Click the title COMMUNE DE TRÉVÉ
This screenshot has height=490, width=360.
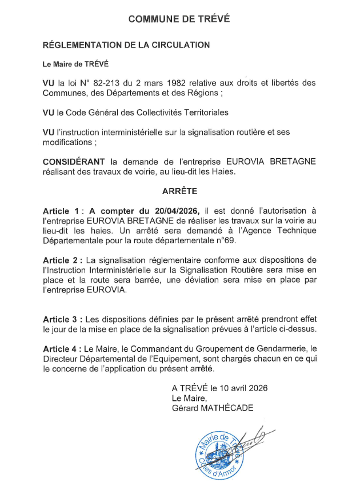click(x=179, y=19)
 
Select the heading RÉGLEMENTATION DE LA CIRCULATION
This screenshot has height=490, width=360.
click(x=126, y=45)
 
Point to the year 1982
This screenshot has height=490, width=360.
click(x=185, y=83)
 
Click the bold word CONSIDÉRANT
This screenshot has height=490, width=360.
click(x=77, y=162)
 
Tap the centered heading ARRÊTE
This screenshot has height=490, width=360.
click(x=179, y=191)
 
